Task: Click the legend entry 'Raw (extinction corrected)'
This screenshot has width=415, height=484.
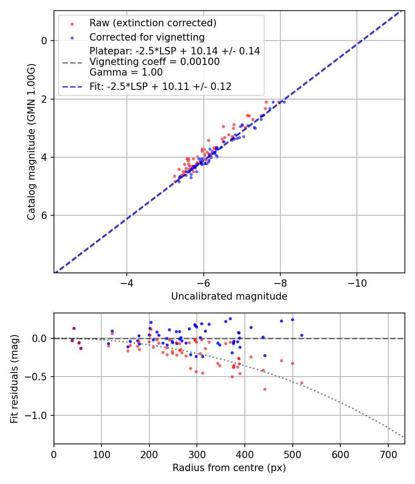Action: (x=153, y=23)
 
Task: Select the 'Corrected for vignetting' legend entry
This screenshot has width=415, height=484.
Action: (x=147, y=37)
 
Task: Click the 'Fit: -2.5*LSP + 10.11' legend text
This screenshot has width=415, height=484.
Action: (x=160, y=86)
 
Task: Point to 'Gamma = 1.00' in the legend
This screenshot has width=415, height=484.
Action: (x=126, y=72)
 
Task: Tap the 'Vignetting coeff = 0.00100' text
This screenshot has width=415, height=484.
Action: (x=154, y=62)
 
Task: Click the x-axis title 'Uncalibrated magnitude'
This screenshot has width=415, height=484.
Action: (x=229, y=296)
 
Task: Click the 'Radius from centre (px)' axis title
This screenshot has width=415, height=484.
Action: (x=229, y=468)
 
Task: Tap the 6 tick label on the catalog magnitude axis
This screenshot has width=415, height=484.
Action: (x=45, y=215)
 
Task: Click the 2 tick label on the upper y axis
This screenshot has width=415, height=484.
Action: (x=45, y=99)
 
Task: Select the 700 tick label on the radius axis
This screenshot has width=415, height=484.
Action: (x=388, y=454)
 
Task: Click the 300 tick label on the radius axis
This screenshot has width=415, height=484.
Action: (x=197, y=454)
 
